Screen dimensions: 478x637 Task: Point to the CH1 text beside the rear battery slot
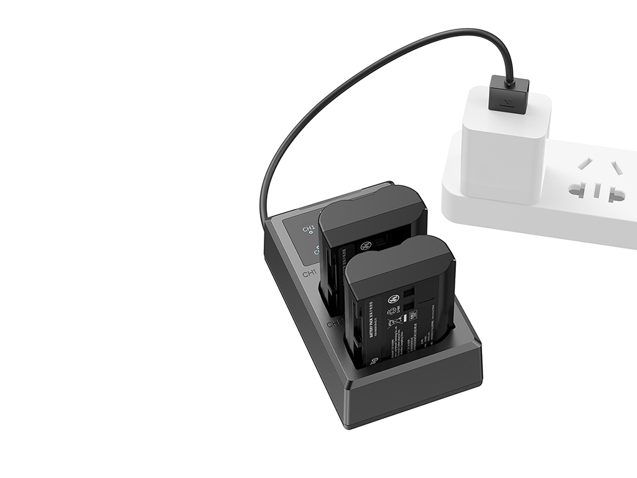[x=310, y=273]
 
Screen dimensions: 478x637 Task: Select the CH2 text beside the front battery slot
[x=336, y=324]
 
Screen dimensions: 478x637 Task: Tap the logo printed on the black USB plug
[x=508, y=100]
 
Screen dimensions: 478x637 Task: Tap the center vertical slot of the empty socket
[x=598, y=189]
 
